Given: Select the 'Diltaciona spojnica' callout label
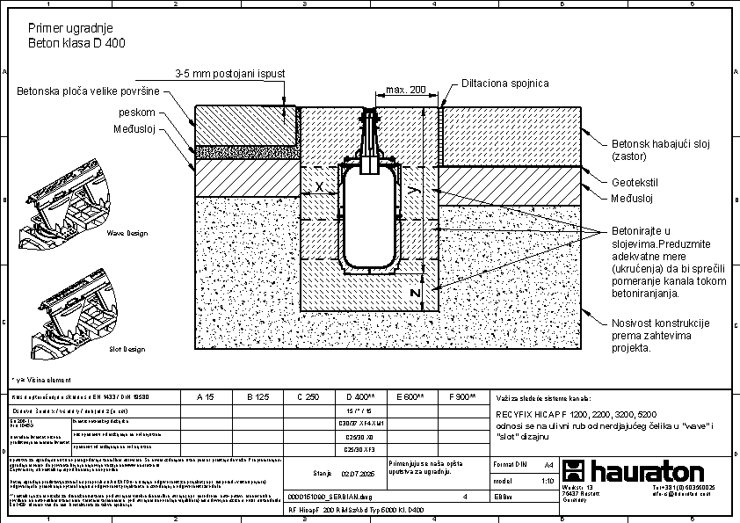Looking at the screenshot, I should (x=505, y=83).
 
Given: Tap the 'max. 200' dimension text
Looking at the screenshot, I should (x=405, y=90).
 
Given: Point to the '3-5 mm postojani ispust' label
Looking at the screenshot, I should (x=230, y=73).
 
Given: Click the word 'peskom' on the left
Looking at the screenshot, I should (x=138, y=113).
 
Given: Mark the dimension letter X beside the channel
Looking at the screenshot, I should (x=320, y=186).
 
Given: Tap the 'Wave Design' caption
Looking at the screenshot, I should (x=127, y=234).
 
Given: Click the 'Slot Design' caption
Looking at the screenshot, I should (x=127, y=349).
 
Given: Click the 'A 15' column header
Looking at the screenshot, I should (x=205, y=397).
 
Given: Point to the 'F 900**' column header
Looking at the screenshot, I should (x=462, y=397).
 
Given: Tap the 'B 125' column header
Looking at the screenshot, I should (x=257, y=397).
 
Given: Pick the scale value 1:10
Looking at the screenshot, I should (x=548, y=482).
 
